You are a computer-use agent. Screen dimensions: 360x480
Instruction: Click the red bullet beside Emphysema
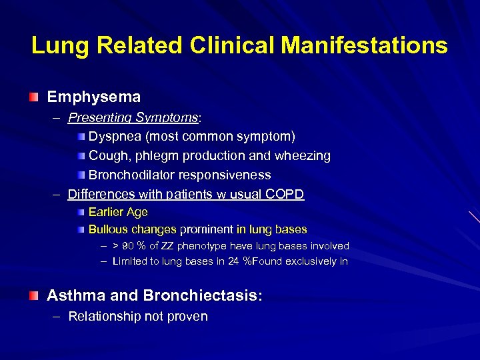pos(34,97)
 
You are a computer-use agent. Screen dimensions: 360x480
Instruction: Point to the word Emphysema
pos(93,97)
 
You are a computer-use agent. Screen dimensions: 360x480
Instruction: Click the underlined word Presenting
pos(100,117)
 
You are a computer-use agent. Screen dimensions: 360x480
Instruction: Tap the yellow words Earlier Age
pos(118,212)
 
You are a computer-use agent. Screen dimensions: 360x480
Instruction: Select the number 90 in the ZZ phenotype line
pos(129,246)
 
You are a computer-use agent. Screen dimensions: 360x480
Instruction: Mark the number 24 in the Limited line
pos(233,261)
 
